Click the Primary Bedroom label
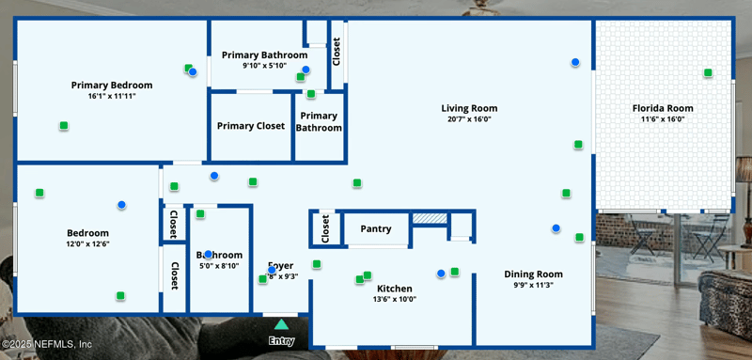point(112,85)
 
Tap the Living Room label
point(469,108)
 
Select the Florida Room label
point(667,108)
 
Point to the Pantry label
point(376,228)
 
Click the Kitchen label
point(395,288)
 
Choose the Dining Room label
point(533,274)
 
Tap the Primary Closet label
point(251,126)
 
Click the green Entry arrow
point(281,324)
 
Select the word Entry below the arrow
point(281,340)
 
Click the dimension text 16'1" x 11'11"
point(112,96)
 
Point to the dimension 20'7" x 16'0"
point(469,119)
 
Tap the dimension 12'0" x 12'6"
point(87,244)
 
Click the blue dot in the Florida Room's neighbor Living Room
point(575,62)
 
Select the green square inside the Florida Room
point(708,72)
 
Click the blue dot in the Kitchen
point(441,274)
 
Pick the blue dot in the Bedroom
point(121,204)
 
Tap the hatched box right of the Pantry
point(430,218)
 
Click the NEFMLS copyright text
point(46,344)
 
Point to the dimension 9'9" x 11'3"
point(533,285)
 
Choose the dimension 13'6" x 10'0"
point(395,299)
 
